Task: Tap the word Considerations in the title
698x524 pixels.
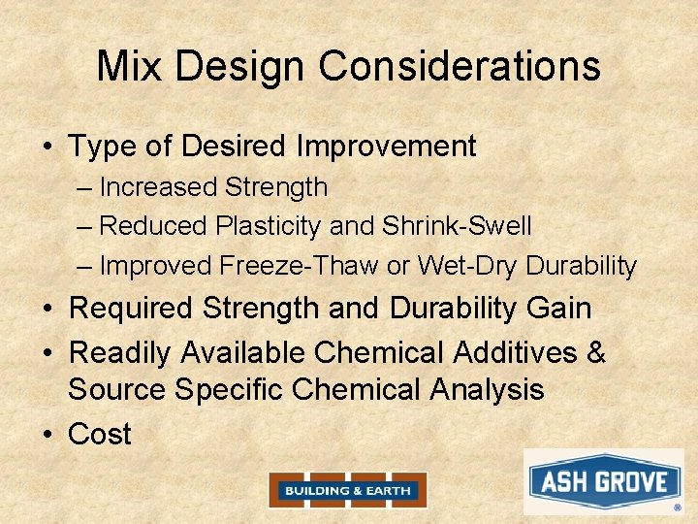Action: (460, 66)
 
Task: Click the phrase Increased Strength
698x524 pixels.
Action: (213, 186)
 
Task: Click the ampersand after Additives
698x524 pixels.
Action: (596, 352)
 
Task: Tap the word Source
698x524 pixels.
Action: (117, 389)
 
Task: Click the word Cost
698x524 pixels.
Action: (100, 434)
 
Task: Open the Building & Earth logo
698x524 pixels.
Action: (347, 490)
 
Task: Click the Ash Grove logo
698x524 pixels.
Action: (603, 481)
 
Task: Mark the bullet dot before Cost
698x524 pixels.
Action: (48, 435)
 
